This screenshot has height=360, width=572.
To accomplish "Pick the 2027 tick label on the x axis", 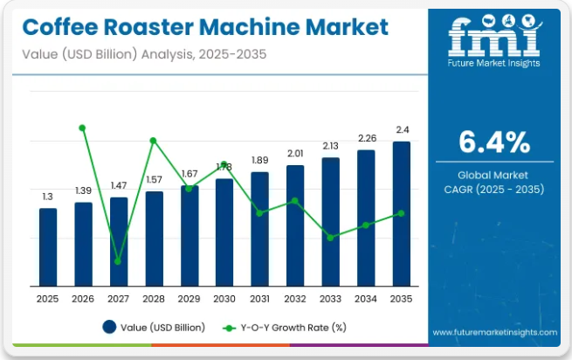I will tap(118, 299).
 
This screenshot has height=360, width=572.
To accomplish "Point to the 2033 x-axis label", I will tap(330, 299).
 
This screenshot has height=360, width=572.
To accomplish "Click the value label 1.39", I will tap(83, 190).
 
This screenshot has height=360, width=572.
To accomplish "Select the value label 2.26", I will tap(366, 138).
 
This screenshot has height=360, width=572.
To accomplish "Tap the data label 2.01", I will tap(295, 153).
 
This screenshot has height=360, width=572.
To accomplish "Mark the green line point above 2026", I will tap(82, 128).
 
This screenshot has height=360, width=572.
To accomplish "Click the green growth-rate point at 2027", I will tap(118, 261).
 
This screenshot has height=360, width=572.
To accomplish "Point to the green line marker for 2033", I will tap(330, 238).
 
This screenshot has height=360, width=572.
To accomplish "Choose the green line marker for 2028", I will tap(153, 140).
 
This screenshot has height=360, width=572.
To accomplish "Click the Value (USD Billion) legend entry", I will tap(154, 328).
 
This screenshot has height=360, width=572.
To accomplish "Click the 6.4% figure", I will tap(493, 141).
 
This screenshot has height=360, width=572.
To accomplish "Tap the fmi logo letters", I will tap(493, 37).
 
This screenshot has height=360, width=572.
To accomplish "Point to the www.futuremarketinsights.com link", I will tap(494, 333).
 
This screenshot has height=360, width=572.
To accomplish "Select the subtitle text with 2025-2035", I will tap(145, 54).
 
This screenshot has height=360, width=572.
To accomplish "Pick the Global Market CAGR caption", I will tap(493, 182).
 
